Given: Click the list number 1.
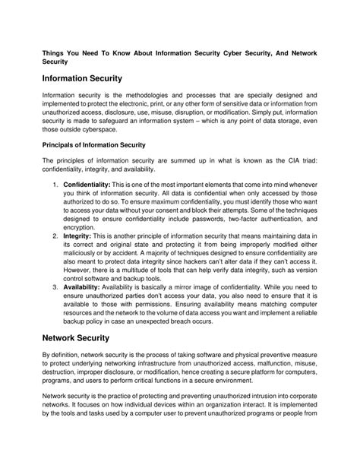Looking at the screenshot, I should (x=55, y=185).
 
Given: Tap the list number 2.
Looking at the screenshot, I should (x=55, y=236).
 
